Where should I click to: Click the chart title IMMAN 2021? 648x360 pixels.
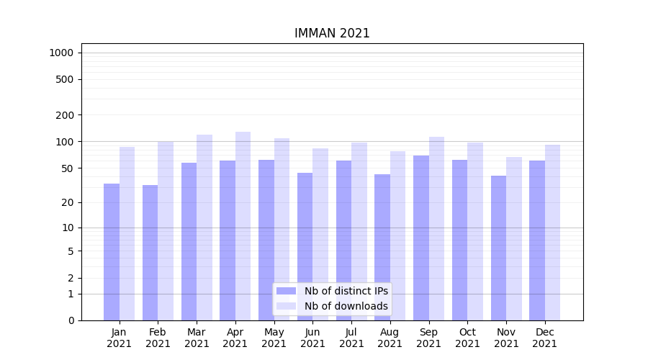pos(332,33)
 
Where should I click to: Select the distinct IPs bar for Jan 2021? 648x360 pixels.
pos(112,252)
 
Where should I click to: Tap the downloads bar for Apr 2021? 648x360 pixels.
pos(243,226)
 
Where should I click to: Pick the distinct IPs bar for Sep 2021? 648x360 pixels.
pos(421,238)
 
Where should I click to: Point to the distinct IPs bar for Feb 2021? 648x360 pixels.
pos(150,253)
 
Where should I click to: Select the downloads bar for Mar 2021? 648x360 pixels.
pos(204,228)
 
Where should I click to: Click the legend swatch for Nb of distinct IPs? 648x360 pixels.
pos(286,291)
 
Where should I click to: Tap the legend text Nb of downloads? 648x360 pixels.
pos(346,306)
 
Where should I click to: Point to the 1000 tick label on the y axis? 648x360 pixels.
pos(61,53)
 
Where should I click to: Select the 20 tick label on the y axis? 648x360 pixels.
pos(68,202)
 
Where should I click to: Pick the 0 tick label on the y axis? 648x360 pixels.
pos(71,320)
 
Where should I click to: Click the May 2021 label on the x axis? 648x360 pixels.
pos(274,338)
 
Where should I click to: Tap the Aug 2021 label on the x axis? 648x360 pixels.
pos(390,338)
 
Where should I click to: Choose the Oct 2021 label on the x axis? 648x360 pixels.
pos(468,338)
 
